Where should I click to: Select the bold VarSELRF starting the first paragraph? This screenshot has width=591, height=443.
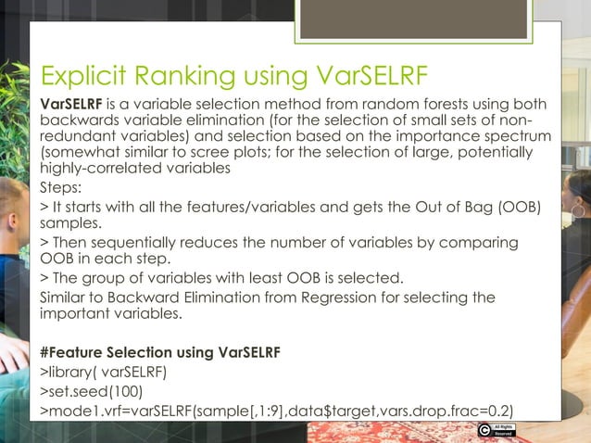72,104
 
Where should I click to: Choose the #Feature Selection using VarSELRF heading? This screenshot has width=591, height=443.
160,352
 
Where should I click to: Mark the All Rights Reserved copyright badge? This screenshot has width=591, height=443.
496,430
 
